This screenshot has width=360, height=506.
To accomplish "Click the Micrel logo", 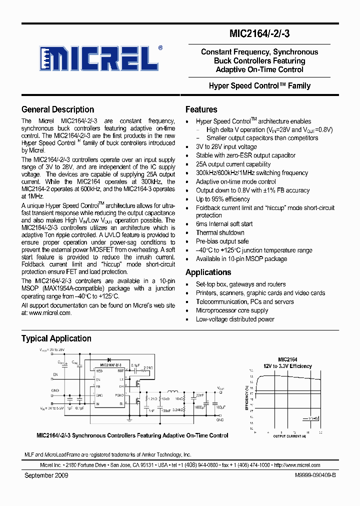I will (100, 58).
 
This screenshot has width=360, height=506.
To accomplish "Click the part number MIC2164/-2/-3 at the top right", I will (259, 33).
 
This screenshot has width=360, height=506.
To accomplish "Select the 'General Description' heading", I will (57, 109).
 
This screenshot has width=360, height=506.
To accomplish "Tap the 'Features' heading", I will (201, 109).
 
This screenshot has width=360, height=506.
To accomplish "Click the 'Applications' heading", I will (208, 272).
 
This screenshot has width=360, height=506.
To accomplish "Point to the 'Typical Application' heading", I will (56, 338).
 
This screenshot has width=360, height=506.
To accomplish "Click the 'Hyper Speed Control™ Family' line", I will (259, 86).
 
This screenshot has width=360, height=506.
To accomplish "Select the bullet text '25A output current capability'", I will (233, 164).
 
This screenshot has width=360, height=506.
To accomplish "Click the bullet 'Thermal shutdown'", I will (220, 233).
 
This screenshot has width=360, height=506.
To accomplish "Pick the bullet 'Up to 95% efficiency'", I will (223, 199).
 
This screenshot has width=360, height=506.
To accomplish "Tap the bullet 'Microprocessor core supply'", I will (232, 310).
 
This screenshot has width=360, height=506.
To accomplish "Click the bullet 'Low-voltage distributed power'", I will (235, 319).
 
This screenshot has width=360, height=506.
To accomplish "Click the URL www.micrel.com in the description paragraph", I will (50, 313).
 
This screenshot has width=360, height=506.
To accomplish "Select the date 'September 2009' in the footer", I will (46, 475).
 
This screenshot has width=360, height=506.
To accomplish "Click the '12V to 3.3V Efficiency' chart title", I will (287, 366).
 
